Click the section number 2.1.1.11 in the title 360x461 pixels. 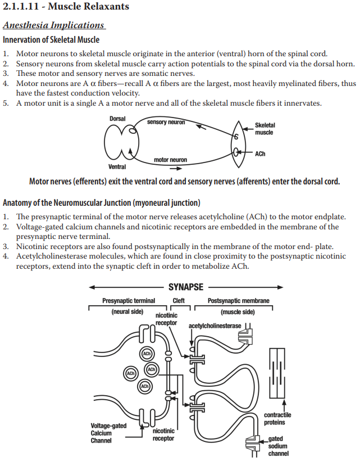coord(22,7)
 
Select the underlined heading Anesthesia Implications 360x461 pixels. coord(53,25)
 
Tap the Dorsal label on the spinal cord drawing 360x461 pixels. coord(117,119)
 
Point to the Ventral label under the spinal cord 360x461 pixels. coord(117,166)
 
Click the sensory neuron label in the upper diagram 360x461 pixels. coord(166,122)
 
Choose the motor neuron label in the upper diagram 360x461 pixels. coord(170,160)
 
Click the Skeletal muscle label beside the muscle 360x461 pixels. coord(265,129)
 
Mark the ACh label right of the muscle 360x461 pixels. coord(260,153)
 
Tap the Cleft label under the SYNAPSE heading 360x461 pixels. coord(178,301)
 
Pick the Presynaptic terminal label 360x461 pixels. coord(129,301)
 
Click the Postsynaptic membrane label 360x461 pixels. coord(238,301)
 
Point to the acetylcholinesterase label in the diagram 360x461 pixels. coord(215,326)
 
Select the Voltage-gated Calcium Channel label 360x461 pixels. coord(108,433)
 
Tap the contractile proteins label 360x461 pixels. coord(277,418)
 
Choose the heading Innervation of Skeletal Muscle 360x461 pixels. coord(51,40)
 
